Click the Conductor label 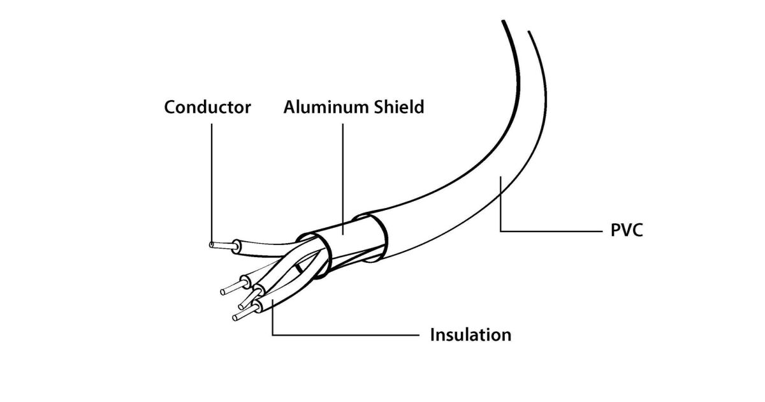[207, 107]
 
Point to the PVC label [627, 230]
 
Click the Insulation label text [470, 334]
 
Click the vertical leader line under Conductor [211, 179]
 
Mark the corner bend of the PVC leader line [500, 230]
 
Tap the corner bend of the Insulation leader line [272, 334]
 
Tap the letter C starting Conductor [170, 107]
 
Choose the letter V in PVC [627, 230]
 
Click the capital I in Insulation [433, 334]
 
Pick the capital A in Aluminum [290, 107]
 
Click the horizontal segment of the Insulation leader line [344, 334]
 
